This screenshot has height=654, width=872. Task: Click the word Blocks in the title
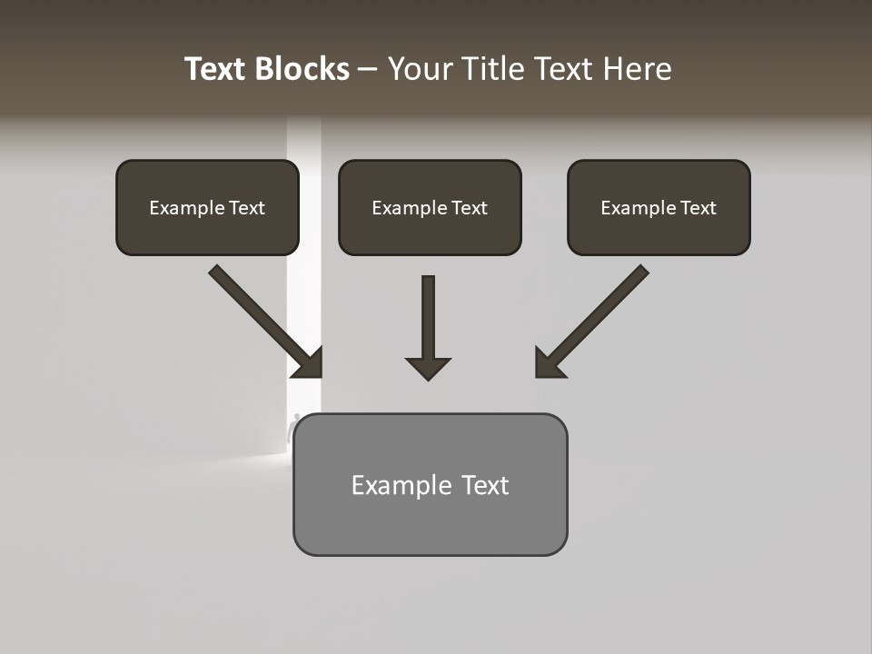pos(302,69)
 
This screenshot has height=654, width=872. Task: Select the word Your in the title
pos(421,69)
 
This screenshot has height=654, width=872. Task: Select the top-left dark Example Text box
pos(207,207)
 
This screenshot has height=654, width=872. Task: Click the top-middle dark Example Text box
pos(430,207)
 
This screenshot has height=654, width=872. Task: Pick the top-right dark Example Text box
pos(659,207)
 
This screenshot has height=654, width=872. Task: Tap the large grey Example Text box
pos(430,484)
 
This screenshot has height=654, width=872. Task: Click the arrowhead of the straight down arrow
pos(428,368)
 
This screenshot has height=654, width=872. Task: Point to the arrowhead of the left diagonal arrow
pos(309,363)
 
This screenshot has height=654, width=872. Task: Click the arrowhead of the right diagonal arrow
pos(549,363)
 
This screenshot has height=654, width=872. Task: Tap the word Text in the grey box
pos(485,485)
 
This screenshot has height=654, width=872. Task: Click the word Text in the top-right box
pos(698,208)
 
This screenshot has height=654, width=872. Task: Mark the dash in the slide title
pos(368,69)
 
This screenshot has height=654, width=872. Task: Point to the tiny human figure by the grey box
pos(293,427)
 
